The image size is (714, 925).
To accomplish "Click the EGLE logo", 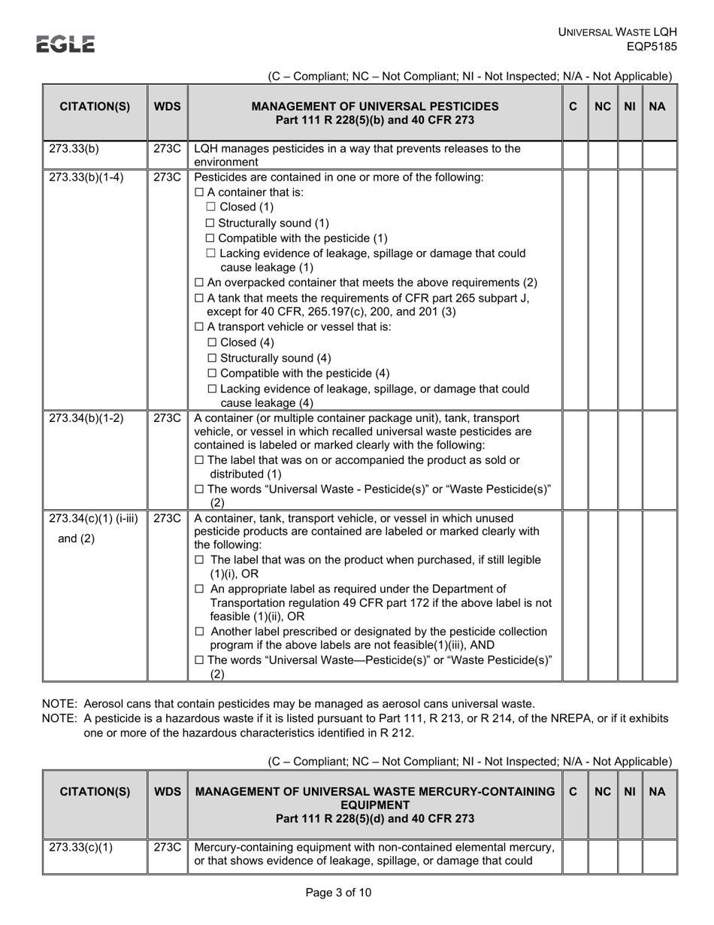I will click(66, 44).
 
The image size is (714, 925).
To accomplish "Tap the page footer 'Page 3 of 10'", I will click(338, 893).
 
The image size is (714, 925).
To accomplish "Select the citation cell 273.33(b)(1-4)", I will click(86, 177).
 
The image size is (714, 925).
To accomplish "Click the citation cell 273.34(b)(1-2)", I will click(86, 418).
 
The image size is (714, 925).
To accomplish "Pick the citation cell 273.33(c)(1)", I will click(81, 848).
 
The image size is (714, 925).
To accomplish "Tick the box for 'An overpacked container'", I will click(199, 282).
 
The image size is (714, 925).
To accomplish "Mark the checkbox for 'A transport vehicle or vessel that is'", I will click(199, 327).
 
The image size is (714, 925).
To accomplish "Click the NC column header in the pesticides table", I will click(603, 107).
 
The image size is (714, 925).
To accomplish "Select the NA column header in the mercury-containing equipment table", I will click(657, 791).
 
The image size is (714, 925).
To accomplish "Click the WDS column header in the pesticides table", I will click(167, 107).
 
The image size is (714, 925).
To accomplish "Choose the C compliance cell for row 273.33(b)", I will click(574, 154).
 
